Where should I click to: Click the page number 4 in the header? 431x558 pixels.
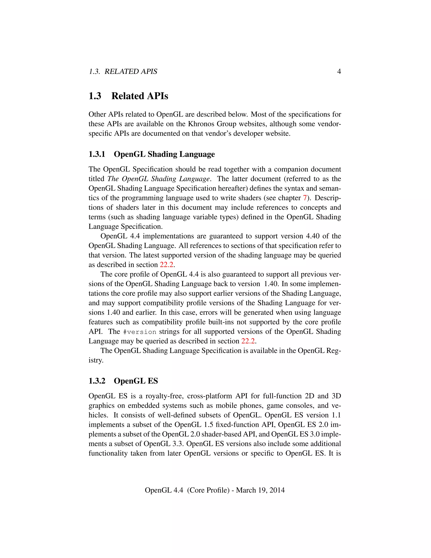pyautogui.click(x=339, y=72)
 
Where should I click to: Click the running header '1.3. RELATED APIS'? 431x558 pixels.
pyautogui.click(x=123, y=72)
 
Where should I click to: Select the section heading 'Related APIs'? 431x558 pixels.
pyautogui.click(x=140, y=96)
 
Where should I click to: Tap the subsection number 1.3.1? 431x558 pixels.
pyautogui.click(x=97, y=154)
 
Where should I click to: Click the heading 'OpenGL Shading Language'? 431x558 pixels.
pyautogui.click(x=164, y=154)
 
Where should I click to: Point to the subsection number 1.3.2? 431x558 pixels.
pyautogui.click(x=97, y=381)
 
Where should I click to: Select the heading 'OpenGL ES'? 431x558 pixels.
pyautogui.click(x=136, y=381)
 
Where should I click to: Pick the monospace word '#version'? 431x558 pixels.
pyautogui.click(x=139, y=332)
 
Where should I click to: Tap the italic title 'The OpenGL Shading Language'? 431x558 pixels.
pyautogui.click(x=158, y=179)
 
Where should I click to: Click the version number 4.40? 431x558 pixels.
pyautogui.click(x=313, y=236)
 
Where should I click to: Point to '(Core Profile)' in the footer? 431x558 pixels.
pyautogui.click(x=208, y=490)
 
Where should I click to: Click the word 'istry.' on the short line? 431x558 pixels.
pyautogui.click(x=96, y=360)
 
